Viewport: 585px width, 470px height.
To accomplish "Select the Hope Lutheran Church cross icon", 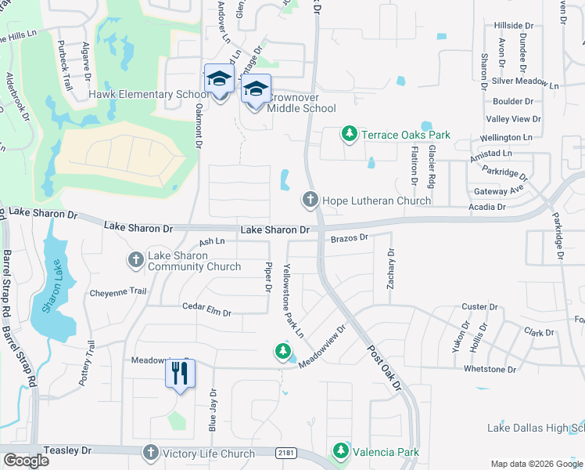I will (310, 201).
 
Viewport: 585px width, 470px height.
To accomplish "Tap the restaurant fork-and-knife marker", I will (179, 375).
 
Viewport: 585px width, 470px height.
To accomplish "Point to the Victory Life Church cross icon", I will (150, 453).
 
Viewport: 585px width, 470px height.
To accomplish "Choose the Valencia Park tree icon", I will (340, 451).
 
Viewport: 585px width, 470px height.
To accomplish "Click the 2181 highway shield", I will (286, 453).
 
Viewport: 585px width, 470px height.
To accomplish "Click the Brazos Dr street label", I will (349, 237).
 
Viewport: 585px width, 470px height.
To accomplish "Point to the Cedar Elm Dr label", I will (206, 312).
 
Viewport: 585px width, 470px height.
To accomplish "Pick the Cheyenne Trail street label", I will (118, 291).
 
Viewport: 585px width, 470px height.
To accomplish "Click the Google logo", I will (26, 461).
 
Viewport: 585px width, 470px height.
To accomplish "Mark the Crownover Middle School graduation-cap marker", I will (256, 91).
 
